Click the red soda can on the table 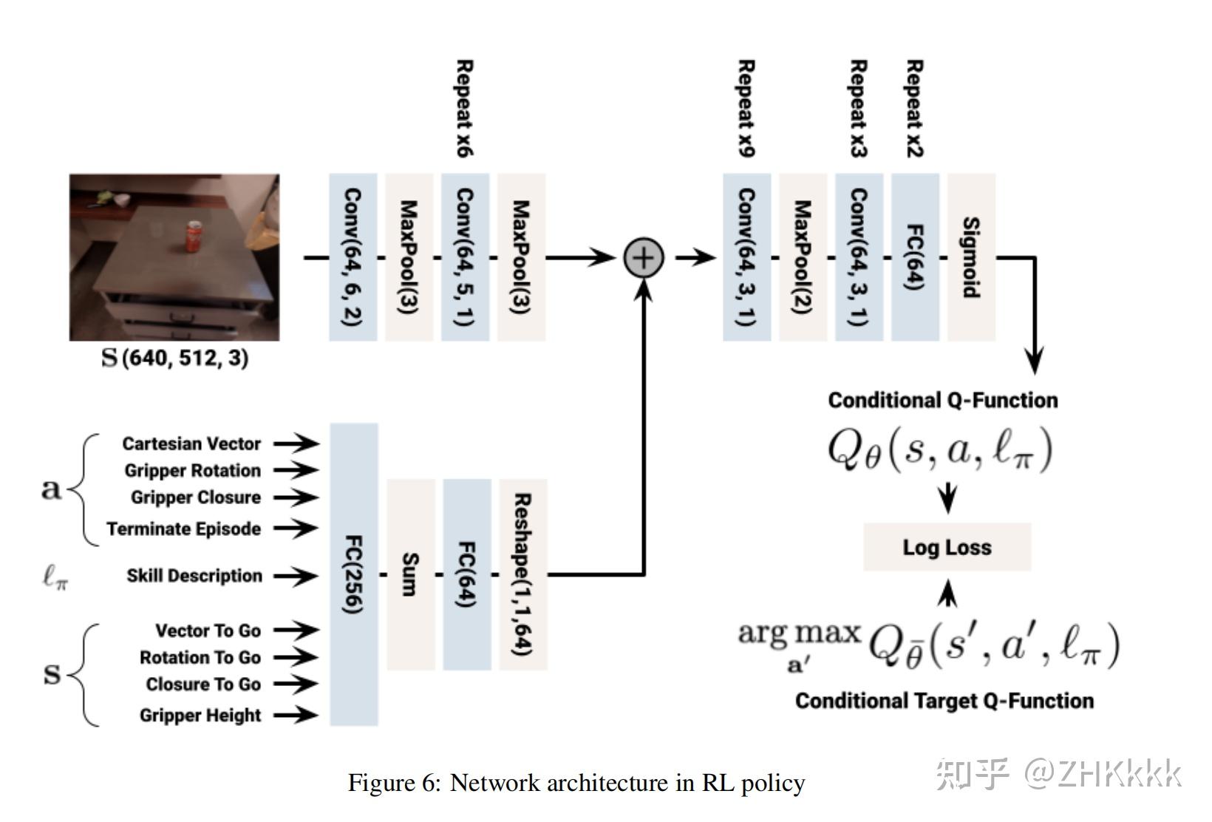tap(193, 236)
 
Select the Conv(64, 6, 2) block tap(353, 257)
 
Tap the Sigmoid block tap(971, 257)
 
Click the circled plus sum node tap(644, 257)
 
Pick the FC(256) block tap(354, 574)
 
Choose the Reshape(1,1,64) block tap(522, 574)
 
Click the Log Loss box tap(947, 547)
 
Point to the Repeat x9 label tap(746, 108)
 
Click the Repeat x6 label tap(465, 108)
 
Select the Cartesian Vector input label tap(191, 444)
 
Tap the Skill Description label tap(194, 576)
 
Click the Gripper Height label tap(200, 716)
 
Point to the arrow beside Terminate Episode tap(296, 528)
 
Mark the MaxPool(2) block tap(803, 257)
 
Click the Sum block tap(411, 574)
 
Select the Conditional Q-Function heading tap(943, 401)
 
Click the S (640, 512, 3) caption tap(174, 358)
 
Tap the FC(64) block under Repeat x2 tap(915, 257)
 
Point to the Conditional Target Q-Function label tap(944, 701)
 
